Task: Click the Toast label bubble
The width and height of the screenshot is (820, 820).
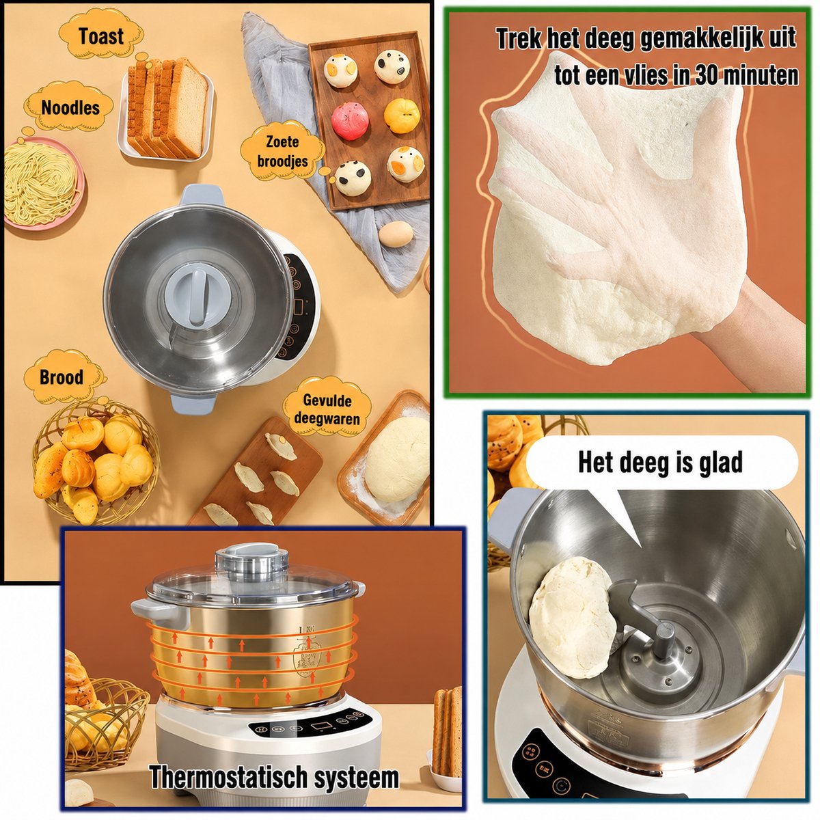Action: tap(101, 36)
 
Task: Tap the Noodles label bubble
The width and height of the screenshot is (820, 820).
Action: tap(70, 108)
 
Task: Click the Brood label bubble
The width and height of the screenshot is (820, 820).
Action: tap(62, 377)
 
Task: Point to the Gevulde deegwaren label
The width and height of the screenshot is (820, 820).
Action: tap(327, 409)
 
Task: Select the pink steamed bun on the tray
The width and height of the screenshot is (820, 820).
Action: tap(350, 121)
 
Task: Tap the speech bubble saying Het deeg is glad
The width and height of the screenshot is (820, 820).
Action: tap(661, 463)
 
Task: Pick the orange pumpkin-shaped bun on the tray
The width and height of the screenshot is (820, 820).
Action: tap(402, 115)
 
